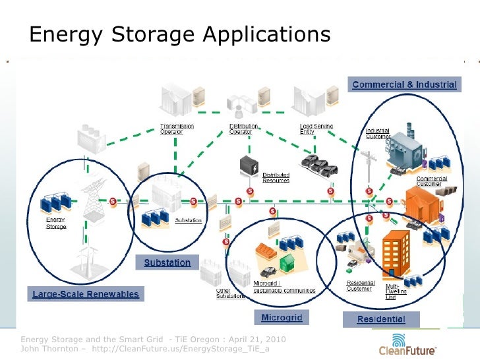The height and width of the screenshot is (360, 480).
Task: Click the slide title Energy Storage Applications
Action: coord(179,34)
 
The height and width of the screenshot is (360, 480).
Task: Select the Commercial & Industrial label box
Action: coord(404,85)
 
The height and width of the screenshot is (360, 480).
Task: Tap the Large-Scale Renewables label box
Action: coord(86,294)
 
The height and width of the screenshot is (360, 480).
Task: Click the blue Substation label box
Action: coord(167,262)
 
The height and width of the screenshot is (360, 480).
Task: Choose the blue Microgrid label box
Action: coord(282,318)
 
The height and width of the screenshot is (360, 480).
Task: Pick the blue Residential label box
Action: coord(381,320)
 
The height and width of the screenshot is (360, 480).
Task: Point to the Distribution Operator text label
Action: coord(243,129)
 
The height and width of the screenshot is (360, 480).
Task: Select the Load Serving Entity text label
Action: coord(316,129)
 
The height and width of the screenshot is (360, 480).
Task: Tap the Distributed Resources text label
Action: coord(276,177)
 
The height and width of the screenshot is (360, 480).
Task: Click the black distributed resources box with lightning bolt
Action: coord(249,168)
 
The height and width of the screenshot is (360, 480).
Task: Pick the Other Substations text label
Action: coord(230,293)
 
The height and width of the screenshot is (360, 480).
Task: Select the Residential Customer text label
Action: coord(361,285)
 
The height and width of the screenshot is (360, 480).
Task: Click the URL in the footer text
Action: coord(181,349)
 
